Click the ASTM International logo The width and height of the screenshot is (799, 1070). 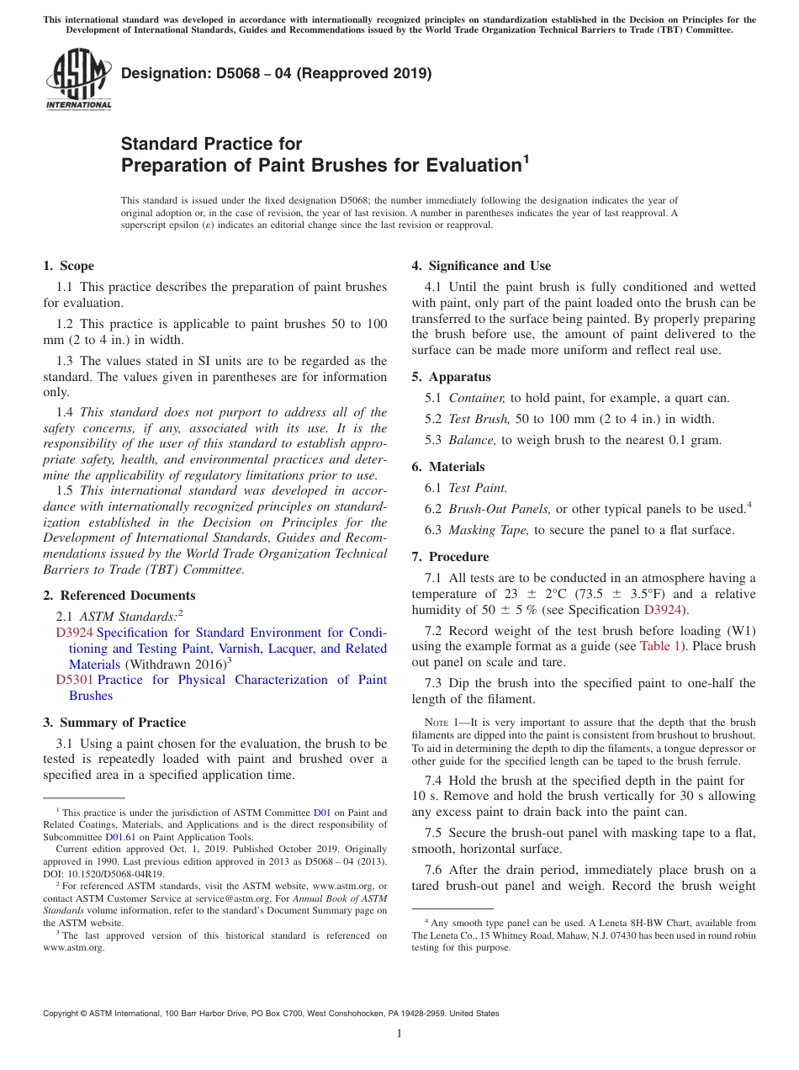[78, 79]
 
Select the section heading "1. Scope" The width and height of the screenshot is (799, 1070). [68, 266]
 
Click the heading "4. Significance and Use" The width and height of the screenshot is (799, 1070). [481, 266]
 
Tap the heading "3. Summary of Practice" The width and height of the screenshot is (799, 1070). [114, 723]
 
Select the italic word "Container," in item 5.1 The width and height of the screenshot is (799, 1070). [478, 398]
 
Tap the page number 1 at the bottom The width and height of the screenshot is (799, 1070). [399, 1034]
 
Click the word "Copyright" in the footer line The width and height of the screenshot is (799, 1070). [64, 1014]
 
